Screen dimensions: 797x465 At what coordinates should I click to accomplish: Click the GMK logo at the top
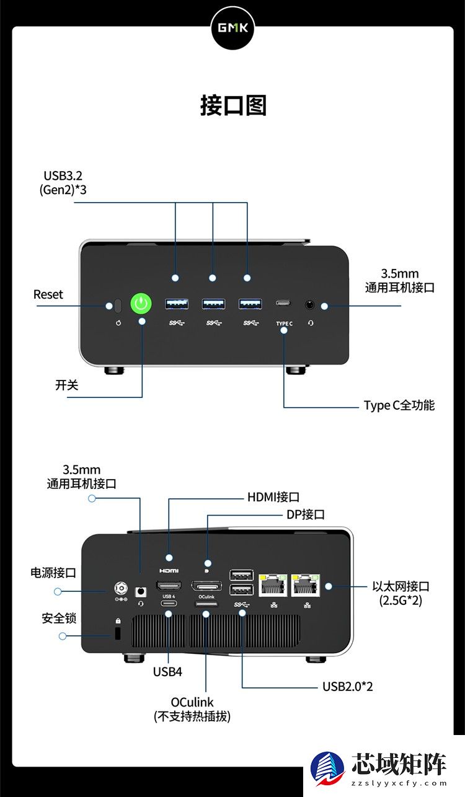232,28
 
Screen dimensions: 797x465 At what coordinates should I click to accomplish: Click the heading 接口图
233,105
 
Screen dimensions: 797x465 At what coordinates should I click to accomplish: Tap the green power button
141,304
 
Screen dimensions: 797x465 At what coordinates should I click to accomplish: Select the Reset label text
48,294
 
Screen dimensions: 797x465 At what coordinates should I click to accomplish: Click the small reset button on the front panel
118,305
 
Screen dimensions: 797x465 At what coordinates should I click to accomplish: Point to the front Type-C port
284,304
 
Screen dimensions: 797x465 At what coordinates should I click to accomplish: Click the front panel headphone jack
310,304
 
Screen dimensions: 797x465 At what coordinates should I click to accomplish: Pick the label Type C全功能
399,405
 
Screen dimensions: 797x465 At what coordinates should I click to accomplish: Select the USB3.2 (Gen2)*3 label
63,182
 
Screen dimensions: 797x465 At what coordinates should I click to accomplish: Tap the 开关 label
67,385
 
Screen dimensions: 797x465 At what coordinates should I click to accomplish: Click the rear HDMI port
169,586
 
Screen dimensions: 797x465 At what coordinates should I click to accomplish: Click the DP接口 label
305,514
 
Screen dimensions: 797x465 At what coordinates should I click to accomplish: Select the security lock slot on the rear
118,633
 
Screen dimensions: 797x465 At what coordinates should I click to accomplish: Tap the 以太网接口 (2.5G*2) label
401,593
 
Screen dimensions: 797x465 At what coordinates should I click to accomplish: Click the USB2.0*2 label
347,686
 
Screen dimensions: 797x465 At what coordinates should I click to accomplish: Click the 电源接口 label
53,572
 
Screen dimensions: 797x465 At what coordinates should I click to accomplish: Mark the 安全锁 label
59,618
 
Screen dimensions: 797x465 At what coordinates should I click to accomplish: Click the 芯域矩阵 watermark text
399,764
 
